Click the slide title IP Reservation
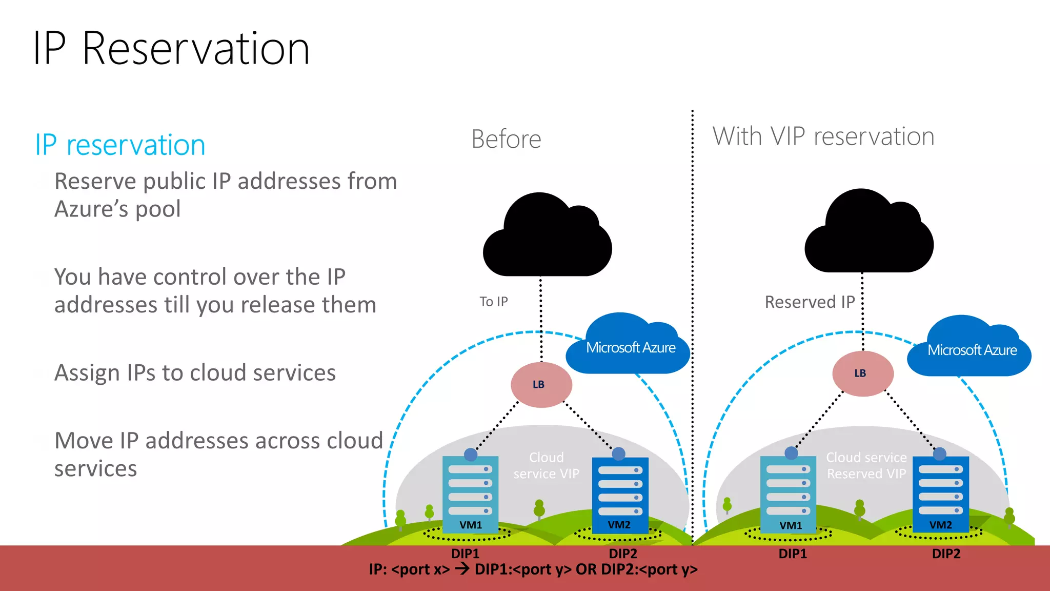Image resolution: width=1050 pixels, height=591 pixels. pyautogui.click(x=171, y=49)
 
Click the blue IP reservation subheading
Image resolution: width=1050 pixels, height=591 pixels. pyautogui.click(x=120, y=145)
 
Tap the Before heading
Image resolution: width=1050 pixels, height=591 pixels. pyautogui.click(x=506, y=139)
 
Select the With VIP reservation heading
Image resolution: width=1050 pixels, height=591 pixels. pyautogui.click(x=823, y=136)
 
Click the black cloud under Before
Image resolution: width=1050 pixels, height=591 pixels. pyautogui.click(x=547, y=239)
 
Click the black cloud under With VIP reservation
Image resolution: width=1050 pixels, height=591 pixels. pyautogui.click(x=868, y=235)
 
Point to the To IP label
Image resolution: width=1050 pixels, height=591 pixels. pyautogui.click(x=493, y=302)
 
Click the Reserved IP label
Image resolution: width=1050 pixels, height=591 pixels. pyautogui.click(x=810, y=302)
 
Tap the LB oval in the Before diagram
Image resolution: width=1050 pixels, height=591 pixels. pyautogui.click(x=541, y=385)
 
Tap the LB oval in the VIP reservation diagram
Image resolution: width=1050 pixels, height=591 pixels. pyautogui.click(x=862, y=373)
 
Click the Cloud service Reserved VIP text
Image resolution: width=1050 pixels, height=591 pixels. pyautogui.click(x=866, y=465)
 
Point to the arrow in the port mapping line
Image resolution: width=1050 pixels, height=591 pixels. pyautogui.click(x=462, y=568)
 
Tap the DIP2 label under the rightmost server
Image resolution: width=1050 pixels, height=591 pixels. pyautogui.click(x=946, y=554)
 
